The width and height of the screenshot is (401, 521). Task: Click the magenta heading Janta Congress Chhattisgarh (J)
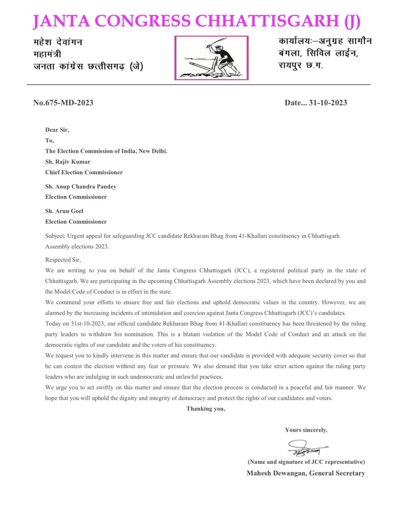click(x=197, y=21)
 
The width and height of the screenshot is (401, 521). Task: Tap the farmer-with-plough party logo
click(x=211, y=58)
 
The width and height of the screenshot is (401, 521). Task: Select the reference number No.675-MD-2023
click(x=63, y=103)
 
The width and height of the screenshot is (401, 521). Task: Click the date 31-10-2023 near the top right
click(x=328, y=103)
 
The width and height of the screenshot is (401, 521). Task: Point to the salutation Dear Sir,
click(x=57, y=130)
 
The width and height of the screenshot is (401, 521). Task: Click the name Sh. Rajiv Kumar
click(x=68, y=162)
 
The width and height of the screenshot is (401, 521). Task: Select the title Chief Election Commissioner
click(x=84, y=172)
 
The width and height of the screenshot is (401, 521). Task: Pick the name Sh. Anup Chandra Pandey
click(x=81, y=187)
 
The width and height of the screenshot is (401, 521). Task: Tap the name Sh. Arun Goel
click(x=64, y=211)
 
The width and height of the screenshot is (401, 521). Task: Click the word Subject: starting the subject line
click(x=55, y=236)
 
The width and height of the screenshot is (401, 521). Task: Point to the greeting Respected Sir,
click(x=63, y=260)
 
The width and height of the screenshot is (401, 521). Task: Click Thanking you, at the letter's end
click(x=206, y=409)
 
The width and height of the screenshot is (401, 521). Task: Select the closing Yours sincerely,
click(x=306, y=430)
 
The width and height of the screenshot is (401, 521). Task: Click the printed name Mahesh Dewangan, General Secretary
click(x=306, y=473)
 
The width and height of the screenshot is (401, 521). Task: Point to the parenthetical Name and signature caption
click(x=306, y=462)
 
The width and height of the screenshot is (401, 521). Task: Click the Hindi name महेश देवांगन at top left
click(x=58, y=42)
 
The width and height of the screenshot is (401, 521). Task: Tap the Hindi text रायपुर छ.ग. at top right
click(x=301, y=66)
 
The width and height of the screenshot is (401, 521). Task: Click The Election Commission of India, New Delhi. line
click(x=106, y=151)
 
